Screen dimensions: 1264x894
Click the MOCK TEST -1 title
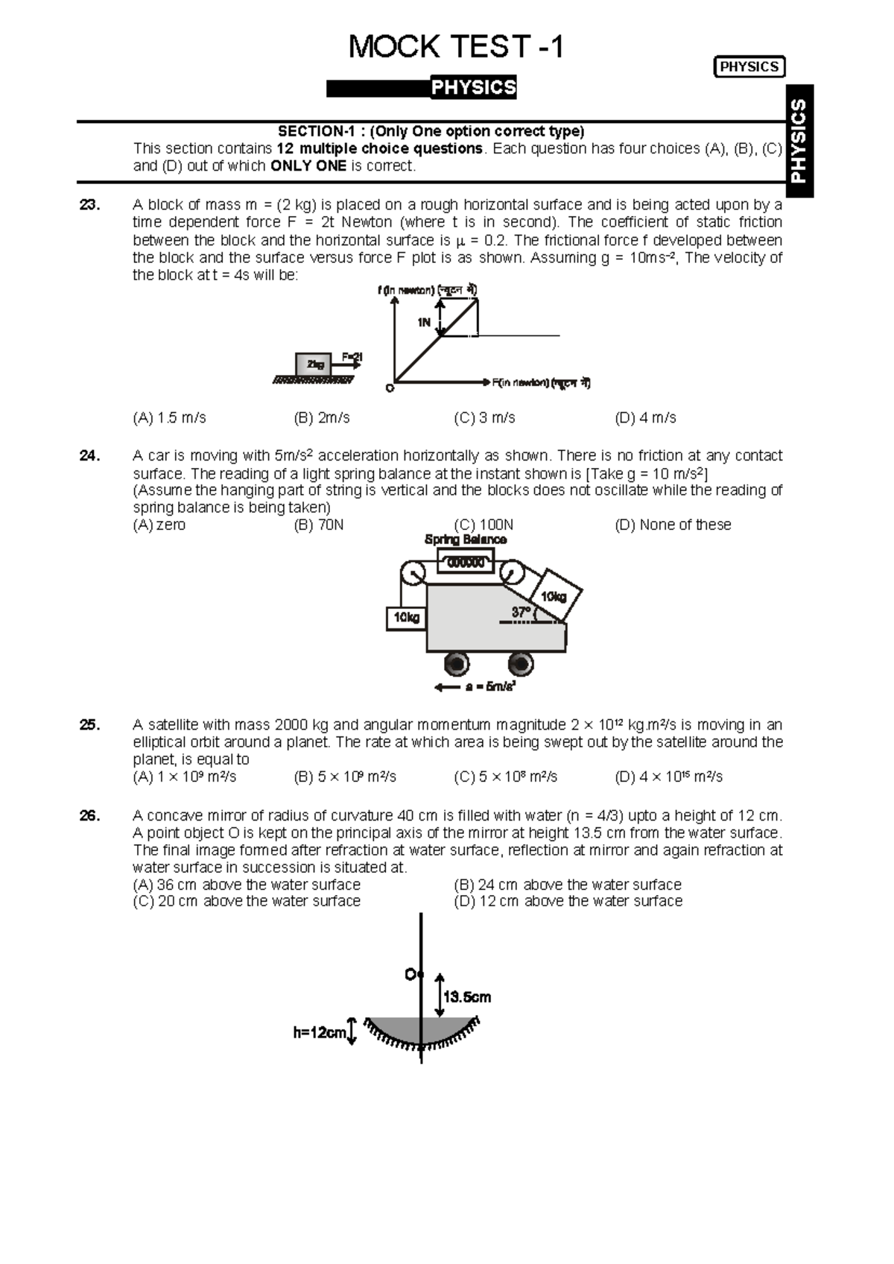pos(456,47)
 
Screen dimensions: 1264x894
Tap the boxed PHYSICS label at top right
pos(749,66)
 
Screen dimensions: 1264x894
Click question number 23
pos(89,205)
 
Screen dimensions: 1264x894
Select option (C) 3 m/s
pos(484,418)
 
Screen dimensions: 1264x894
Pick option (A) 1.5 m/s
pos(169,418)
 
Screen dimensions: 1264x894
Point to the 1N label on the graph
pos(423,322)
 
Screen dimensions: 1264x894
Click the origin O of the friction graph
pos(390,388)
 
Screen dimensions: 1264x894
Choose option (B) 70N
pos(319,525)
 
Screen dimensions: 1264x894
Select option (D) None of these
pos(673,525)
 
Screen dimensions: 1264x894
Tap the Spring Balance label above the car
pos(465,540)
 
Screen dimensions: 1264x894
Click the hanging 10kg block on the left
pos(406,618)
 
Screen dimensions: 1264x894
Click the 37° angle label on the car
pos(521,613)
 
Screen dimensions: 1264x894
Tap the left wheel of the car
pos(456,663)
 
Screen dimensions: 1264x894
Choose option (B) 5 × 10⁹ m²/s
pos(345,777)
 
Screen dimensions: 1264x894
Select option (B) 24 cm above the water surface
pos(568,885)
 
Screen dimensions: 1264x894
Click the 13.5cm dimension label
pos(466,997)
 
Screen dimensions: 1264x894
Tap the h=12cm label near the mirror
pos(320,1032)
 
